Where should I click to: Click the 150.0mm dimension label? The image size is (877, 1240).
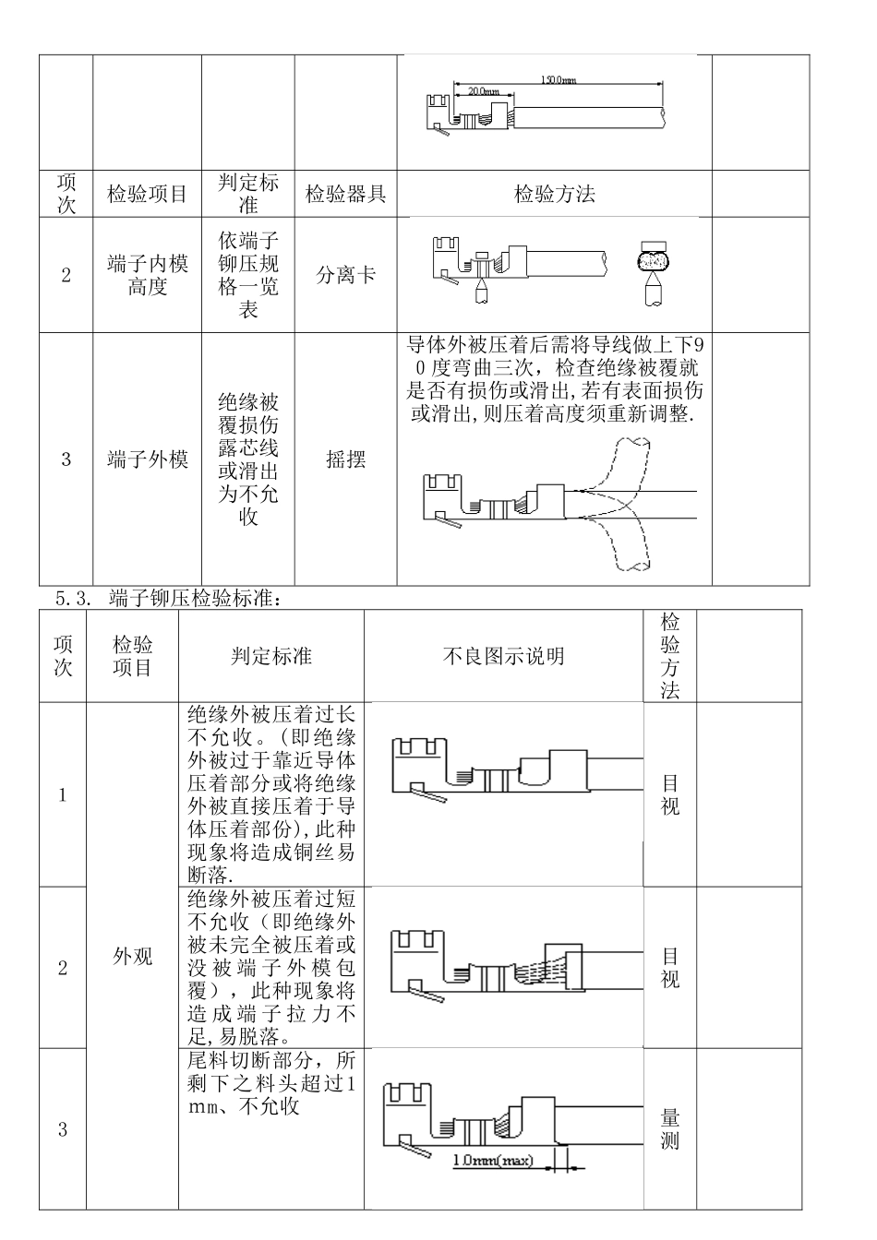559,80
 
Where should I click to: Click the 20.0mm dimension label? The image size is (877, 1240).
482,92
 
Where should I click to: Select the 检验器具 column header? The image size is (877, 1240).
345,195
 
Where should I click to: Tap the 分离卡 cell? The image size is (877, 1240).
345,275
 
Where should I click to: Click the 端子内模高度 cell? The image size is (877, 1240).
147,275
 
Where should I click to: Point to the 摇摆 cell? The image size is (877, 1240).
345,459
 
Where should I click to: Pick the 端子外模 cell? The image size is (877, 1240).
147,459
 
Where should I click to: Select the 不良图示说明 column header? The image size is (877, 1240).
503,656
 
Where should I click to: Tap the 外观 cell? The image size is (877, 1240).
132,956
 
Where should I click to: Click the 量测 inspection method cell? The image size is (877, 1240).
670,1128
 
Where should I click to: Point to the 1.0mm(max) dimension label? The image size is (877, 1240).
494,1160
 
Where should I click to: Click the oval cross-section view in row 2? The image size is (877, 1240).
654,260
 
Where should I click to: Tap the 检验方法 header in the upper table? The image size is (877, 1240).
554,195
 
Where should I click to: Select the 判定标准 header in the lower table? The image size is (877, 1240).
270,656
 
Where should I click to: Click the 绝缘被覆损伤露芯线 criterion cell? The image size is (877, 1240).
247,459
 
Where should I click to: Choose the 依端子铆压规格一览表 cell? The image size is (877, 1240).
247,275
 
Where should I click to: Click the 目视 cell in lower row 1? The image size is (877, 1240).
670,794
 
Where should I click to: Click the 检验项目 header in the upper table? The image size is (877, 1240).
147,195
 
